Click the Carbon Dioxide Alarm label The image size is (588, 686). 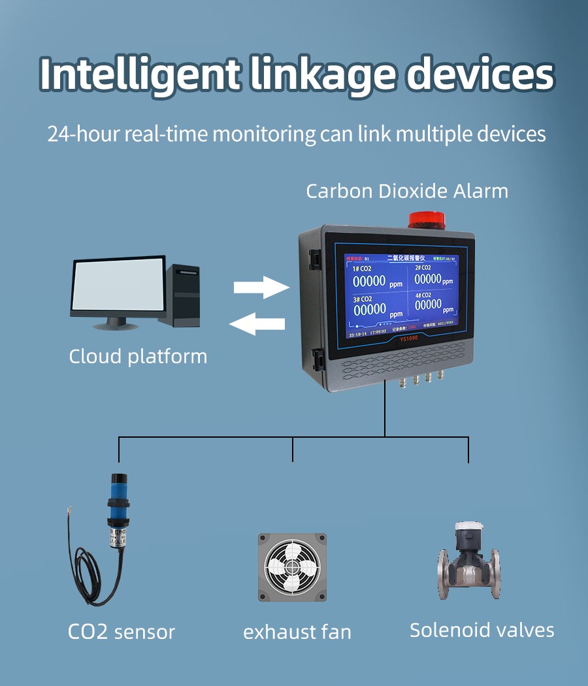coord(406,191)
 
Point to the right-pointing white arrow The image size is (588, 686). coord(261,286)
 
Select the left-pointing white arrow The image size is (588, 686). coord(259,323)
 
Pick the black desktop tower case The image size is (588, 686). coord(185,295)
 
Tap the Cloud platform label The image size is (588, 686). coord(138,357)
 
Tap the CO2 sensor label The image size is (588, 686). coord(122,632)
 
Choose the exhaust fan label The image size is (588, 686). coord(297,632)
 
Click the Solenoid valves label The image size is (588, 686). coord(482,630)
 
